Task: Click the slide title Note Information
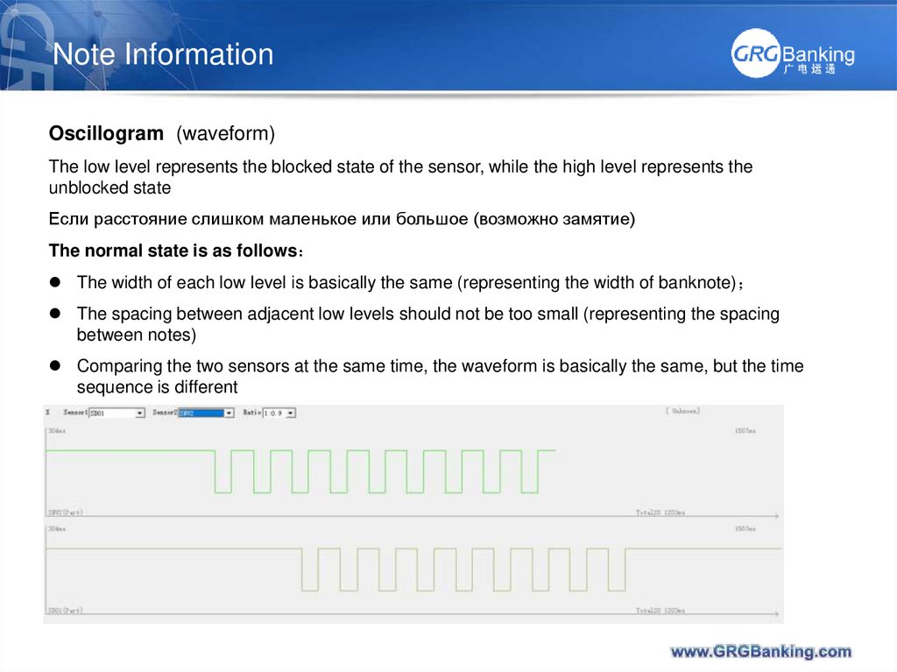coord(163,54)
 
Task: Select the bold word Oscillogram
coord(106,134)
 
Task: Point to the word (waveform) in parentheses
coord(225,134)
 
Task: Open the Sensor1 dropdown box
coord(116,413)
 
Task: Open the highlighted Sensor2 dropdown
coord(206,413)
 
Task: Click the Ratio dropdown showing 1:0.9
coord(279,413)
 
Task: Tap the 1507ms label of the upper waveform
coord(745,432)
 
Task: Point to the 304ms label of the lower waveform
coord(57,529)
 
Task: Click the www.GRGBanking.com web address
coord(760,651)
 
